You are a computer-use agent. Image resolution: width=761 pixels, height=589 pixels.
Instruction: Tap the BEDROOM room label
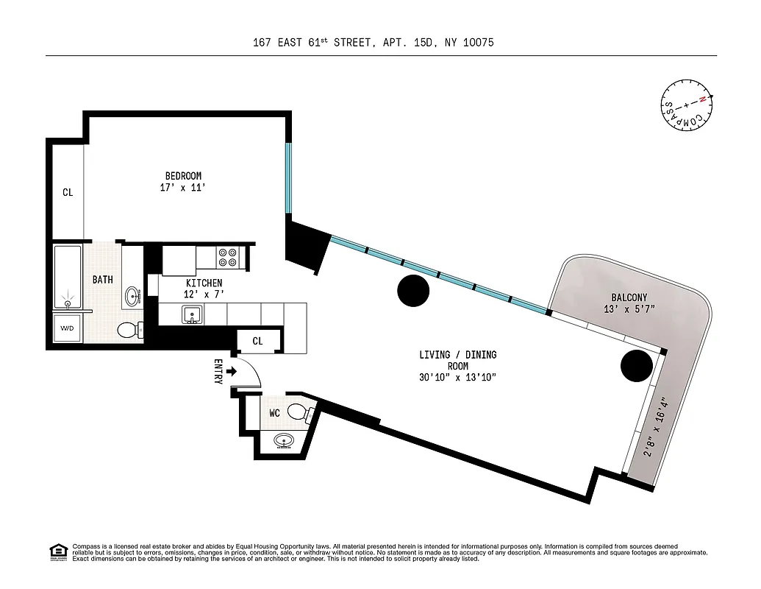pos(183,176)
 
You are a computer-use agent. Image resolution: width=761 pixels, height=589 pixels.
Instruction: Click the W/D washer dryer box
pos(67,328)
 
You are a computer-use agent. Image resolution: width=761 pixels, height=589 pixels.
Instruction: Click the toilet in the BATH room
pos(130,330)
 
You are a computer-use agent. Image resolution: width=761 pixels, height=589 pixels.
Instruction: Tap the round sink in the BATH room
pos(133,297)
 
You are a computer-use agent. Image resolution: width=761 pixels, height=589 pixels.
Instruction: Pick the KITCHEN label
pos(204,283)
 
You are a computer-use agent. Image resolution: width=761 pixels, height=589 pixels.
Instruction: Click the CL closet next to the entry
pos(257,341)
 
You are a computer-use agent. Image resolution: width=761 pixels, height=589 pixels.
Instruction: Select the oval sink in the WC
pos(285,442)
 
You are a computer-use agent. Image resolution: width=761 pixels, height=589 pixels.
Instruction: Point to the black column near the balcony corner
pos(636,365)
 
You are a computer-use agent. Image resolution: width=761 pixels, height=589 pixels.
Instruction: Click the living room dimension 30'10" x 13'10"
pos(457,378)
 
